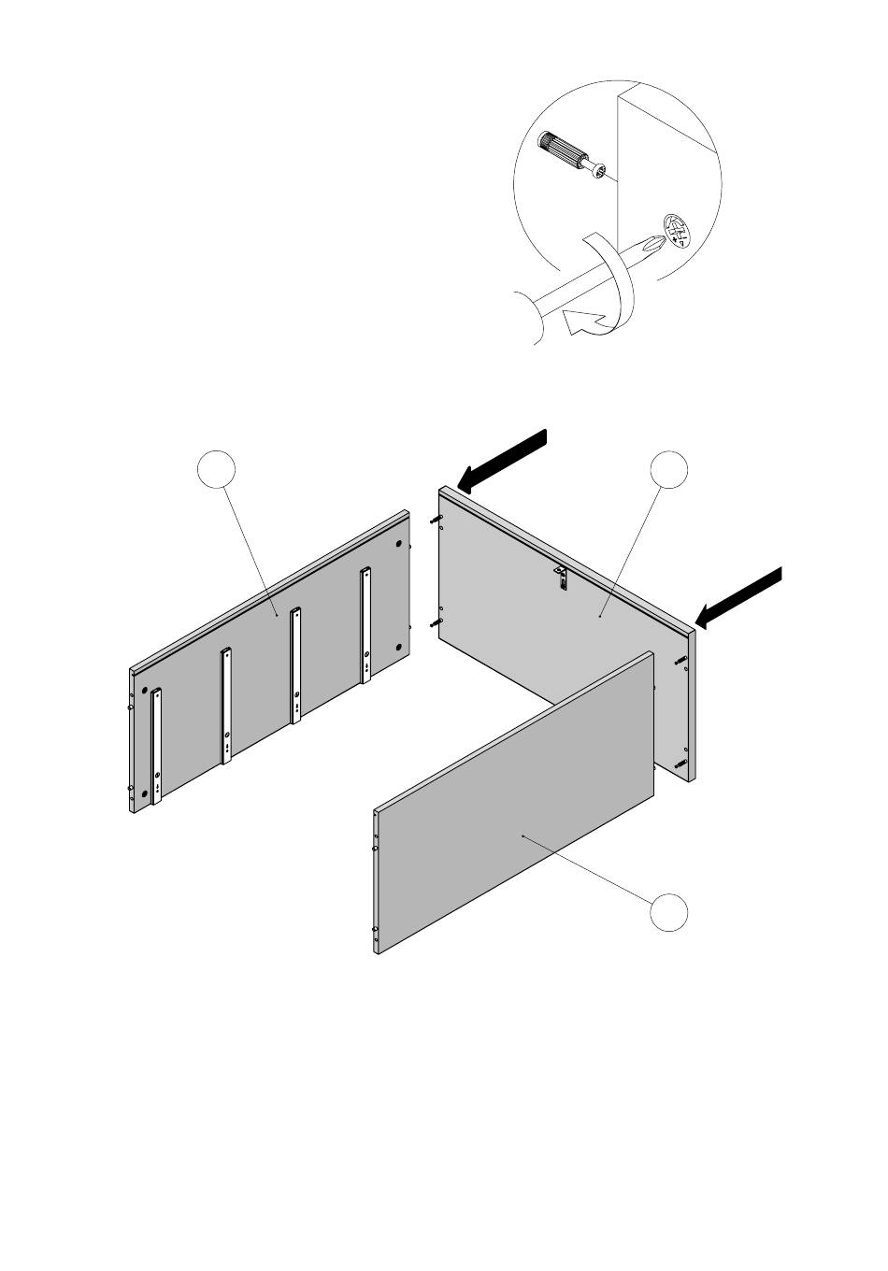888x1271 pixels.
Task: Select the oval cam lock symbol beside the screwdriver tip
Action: (x=677, y=231)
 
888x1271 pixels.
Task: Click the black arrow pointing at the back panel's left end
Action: (x=502, y=460)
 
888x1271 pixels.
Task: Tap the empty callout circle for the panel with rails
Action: (x=217, y=469)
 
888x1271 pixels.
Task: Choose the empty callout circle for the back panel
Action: (x=669, y=469)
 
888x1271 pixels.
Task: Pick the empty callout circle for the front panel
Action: (x=670, y=912)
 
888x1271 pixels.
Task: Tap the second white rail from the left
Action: (x=226, y=706)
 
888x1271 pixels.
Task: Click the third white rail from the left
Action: (x=295, y=664)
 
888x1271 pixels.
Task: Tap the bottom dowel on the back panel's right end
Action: (x=681, y=764)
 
